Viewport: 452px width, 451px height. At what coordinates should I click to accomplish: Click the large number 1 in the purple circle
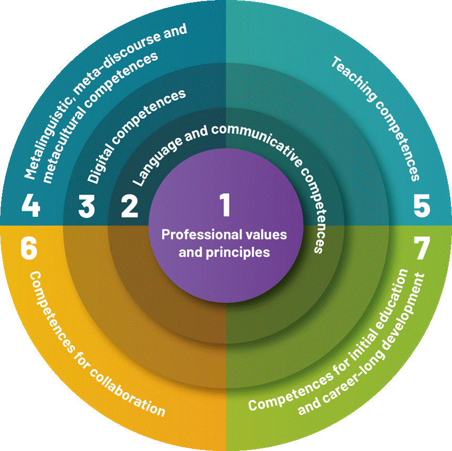[225, 205]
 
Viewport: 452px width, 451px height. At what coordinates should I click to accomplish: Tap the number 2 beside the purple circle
[129, 206]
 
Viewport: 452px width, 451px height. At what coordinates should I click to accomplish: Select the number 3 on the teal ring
[86, 206]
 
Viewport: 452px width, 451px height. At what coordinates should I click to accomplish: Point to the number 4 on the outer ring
[31, 206]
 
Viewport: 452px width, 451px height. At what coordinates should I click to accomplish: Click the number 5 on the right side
[422, 206]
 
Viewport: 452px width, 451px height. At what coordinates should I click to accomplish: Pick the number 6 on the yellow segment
[29, 248]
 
